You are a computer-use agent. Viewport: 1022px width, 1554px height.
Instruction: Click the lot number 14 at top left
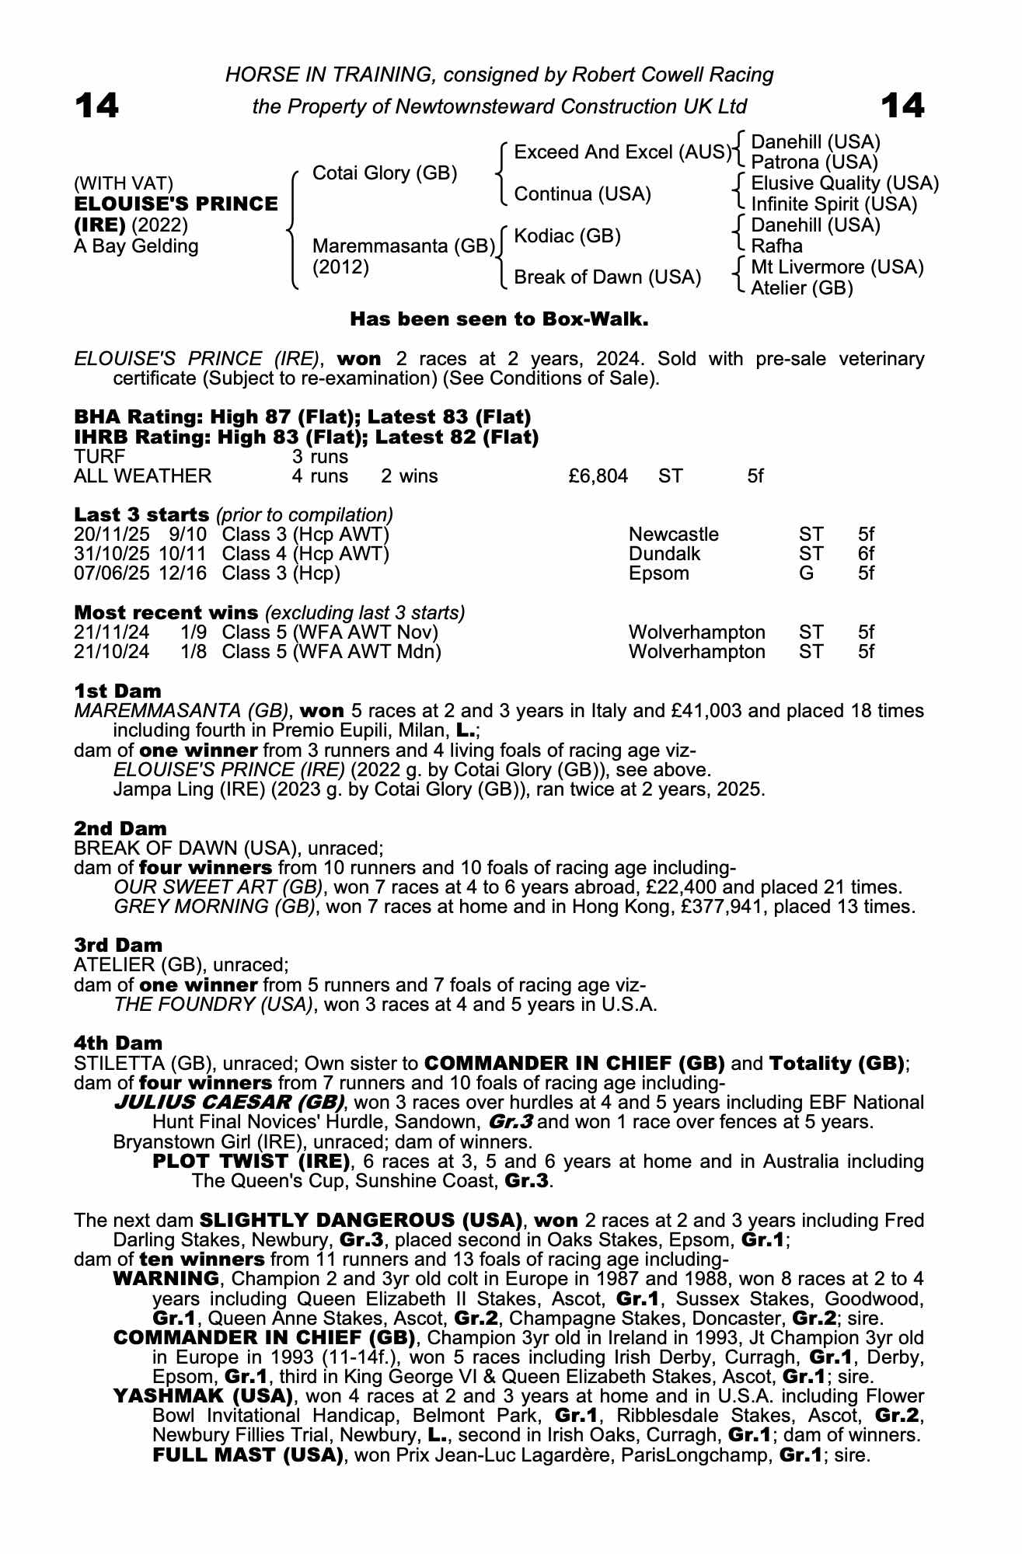pos(96,106)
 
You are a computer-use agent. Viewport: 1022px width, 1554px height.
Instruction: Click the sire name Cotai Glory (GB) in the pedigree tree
pos(384,173)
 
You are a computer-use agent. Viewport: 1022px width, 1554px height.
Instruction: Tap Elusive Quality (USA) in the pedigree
pos(845,183)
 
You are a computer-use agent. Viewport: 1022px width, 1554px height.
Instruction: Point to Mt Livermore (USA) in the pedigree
pos(837,267)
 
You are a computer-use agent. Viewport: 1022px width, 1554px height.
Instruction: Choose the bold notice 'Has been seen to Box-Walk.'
pos(499,319)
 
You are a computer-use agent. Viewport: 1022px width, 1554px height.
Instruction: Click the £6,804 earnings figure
pos(598,476)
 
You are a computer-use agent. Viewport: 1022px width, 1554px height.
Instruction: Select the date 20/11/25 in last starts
pos(106,535)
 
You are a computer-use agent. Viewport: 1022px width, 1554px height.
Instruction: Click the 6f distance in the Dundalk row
pos(866,554)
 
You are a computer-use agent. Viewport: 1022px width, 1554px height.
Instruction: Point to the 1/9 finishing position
pos(194,632)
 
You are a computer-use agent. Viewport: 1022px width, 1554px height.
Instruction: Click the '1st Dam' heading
pos(118,691)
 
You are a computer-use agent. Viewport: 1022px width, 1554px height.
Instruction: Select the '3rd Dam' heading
pos(118,945)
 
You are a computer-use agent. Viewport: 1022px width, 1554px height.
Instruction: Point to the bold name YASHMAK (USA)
pos(203,1395)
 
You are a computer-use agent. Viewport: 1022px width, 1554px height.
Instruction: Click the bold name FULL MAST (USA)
pos(248,1455)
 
